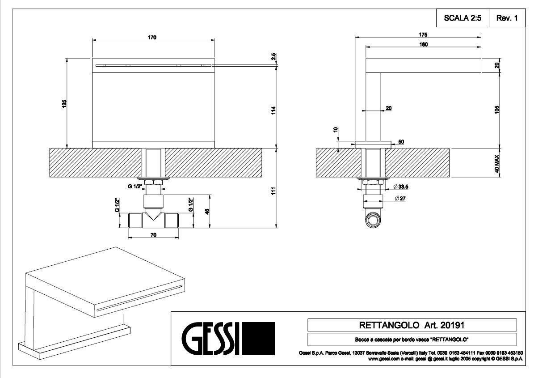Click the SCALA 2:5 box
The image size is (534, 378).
click(463, 18)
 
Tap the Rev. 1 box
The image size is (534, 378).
click(506, 18)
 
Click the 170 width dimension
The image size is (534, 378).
click(152, 38)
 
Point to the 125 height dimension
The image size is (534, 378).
click(64, 103)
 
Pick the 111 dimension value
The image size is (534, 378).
click(273, 191)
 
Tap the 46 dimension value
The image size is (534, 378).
click(206, 211)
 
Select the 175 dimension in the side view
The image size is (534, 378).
click(423, 34)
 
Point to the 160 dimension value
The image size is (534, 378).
click(423, 44)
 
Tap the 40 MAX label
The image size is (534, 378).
click(497, 164)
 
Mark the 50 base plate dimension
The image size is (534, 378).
click(401, 142)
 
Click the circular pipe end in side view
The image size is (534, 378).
click(374, 220)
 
